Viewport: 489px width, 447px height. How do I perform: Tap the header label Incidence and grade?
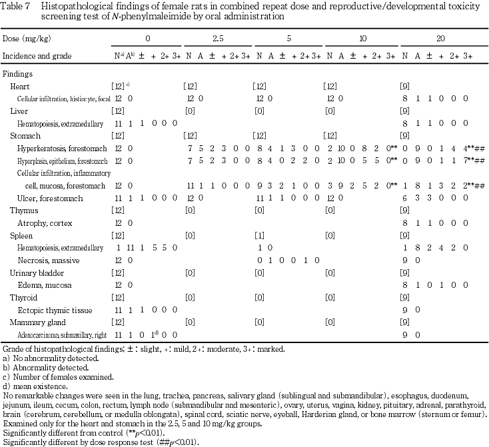click(37, 56)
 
